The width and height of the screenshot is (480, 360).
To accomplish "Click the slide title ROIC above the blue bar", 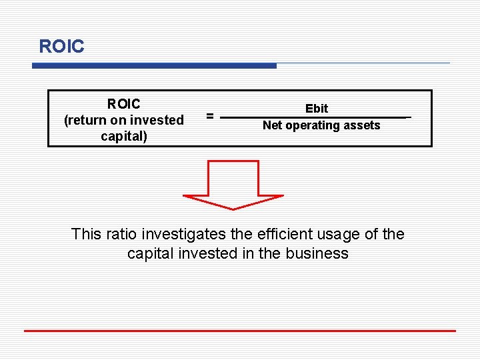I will [61, 47].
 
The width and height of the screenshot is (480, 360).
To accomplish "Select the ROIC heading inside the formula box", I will [124, 104].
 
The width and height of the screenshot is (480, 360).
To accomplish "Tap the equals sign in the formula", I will [209, 116].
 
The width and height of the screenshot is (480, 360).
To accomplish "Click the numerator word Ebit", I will [317, 108].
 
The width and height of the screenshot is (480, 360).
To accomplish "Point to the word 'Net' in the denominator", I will [272, 125].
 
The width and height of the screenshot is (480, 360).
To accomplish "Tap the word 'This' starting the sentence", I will [86, 234].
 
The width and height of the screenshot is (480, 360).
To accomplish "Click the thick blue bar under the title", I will [154, 65].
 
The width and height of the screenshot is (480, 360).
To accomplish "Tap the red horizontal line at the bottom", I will [240, 331].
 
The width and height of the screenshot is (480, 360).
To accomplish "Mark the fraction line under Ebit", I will [313, 117].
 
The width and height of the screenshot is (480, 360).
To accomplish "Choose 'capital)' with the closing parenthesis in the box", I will [124, 137].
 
